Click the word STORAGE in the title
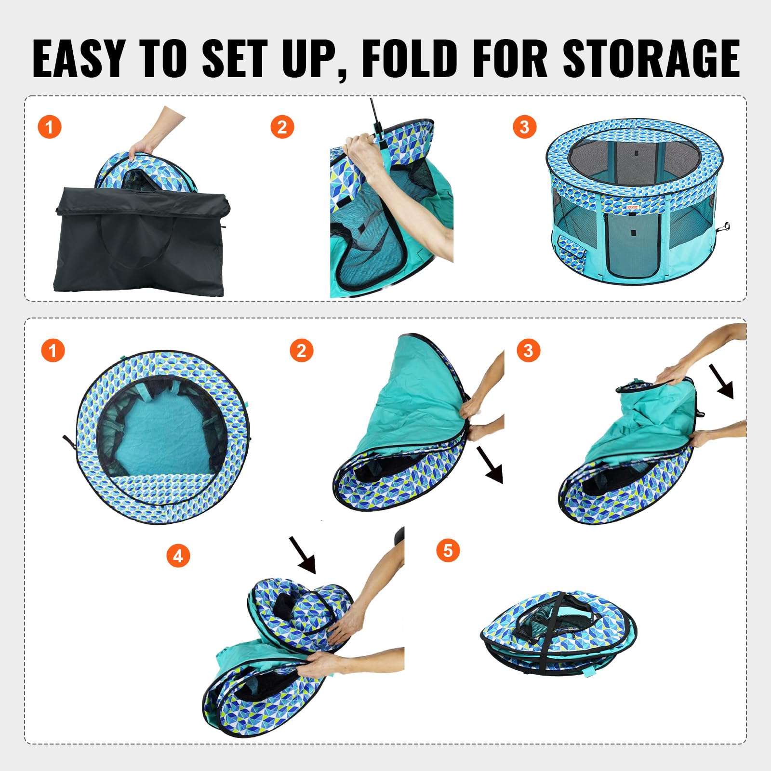(651, 59)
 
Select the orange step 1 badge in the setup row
(49, 127)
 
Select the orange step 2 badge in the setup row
(282, 127)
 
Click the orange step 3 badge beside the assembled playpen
(525, 127)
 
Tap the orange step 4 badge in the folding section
(178, 556)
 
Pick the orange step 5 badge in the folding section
(448, 550)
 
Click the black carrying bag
(140, 241)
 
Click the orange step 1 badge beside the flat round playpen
(53, 350)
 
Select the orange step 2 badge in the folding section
(302, 350)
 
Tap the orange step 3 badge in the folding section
(528, 350)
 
